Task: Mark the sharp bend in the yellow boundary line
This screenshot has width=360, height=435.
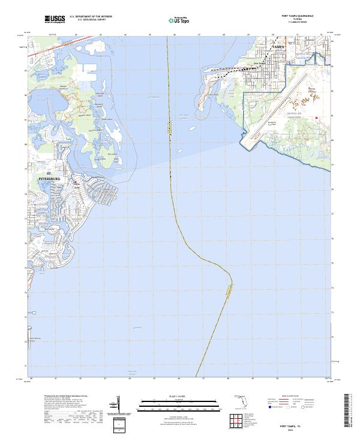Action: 232,277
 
